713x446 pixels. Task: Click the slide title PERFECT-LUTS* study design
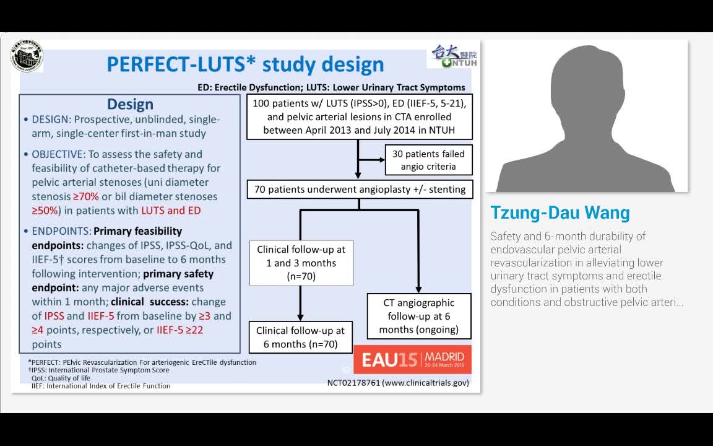coord(245,64)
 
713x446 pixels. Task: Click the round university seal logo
coord(27,55)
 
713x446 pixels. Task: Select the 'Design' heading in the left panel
coord(130,104)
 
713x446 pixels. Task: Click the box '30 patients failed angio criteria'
coord(428,160)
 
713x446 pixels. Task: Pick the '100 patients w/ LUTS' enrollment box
coord(359,117)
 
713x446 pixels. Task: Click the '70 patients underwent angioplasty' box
coord(360,190)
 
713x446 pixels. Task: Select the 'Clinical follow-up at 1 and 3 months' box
coord(301,263)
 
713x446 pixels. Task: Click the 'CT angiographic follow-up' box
coord(418,316)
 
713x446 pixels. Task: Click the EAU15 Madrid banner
coord(412,359)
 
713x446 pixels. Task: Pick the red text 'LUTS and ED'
coord(171,211)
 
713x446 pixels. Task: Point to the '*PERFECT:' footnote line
coord(142,362)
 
